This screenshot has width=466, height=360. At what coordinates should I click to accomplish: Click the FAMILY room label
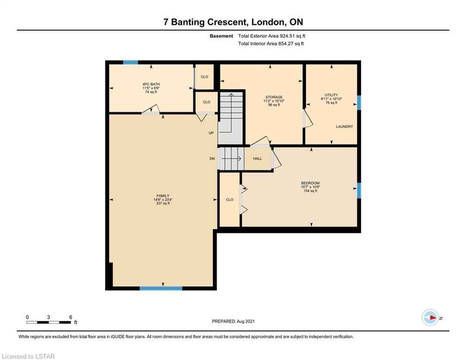[x=163, y=196]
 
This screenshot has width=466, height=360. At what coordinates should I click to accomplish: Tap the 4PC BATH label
[x=151, y=84]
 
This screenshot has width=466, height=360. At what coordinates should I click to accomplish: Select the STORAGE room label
[x=274, y=97]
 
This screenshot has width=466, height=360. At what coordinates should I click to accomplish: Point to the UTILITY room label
[x=332, y=95]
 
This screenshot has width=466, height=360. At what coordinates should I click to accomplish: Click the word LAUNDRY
[x=344, y=127]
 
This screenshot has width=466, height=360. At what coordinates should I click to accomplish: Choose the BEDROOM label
[x=310, y=183]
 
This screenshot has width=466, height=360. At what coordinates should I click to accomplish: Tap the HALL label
[x=258, y=158]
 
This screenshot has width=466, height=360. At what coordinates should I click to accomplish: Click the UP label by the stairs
[x=211, y=133]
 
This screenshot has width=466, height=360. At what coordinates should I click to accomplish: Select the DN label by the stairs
[x=212, y=158]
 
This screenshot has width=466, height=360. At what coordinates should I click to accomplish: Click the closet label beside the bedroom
[x=230, y=200]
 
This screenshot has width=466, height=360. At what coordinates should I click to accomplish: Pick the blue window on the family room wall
[x=161, y=288]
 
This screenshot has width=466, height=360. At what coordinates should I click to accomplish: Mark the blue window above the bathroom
[x=131, y=62]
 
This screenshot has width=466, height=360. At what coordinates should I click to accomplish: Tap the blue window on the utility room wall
[x=359, y=102]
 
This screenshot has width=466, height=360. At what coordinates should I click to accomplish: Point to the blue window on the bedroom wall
[x=359, y=190]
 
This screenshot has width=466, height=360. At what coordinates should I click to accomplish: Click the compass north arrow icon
[x=430, y=318]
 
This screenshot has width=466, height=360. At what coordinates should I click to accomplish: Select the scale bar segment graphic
[x=48, y=322]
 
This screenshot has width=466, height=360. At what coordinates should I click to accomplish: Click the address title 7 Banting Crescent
[x=205, y=22]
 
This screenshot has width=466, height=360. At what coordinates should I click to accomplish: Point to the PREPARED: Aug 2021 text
[x=233, y=321]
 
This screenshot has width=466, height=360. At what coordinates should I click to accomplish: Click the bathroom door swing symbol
[x=151, y=110]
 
